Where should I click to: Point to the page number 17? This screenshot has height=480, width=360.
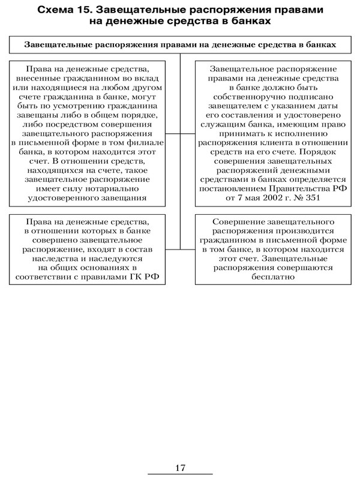pyautogui.click(x=180, y=467)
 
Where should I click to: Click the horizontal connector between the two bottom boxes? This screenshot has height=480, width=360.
pyautogui.click(x=180, y=249)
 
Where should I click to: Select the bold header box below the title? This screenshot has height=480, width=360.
pyautogui.click(x=180, y=45)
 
